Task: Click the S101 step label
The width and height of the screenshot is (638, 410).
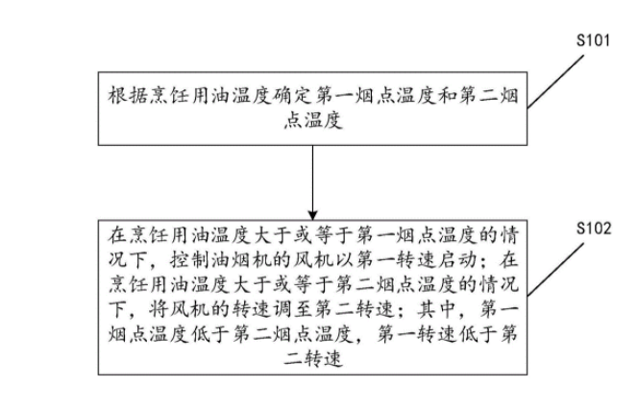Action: point(593,41)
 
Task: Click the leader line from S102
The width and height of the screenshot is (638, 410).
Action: point(559,277)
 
